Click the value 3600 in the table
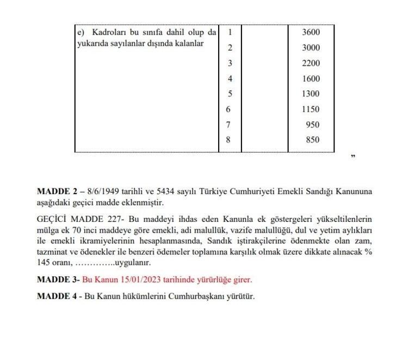311,32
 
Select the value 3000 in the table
311,48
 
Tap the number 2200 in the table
311,63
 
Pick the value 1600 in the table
311,79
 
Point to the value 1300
311,94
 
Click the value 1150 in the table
311,109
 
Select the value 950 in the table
313,125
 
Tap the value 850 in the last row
313,140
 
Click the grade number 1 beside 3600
230,32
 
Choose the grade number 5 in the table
230,94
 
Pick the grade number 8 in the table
228,140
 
